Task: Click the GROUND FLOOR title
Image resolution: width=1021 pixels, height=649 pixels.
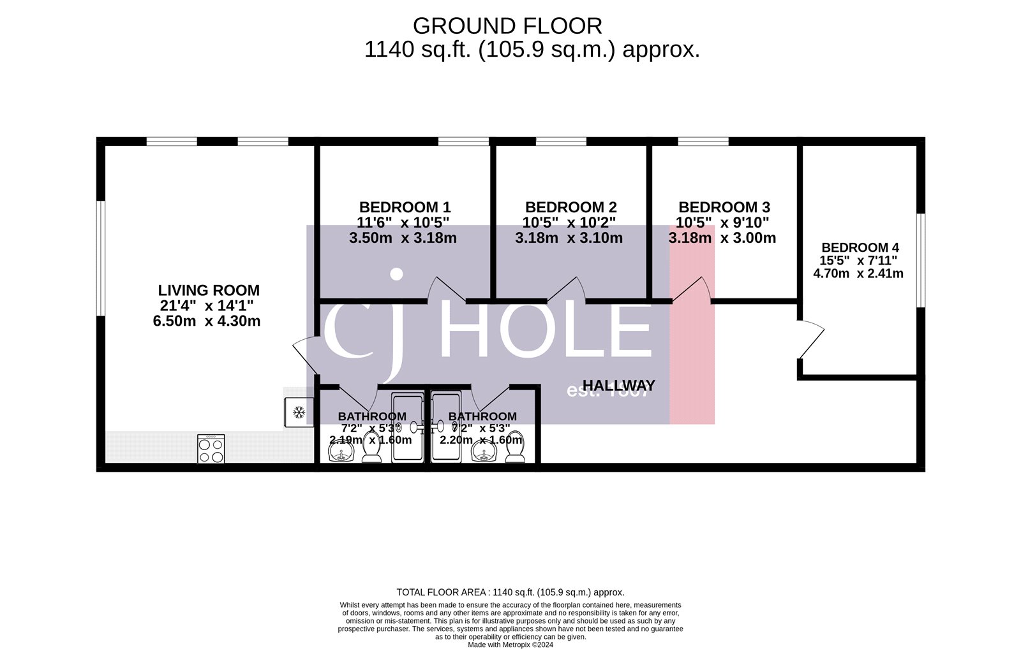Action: coord(507,26)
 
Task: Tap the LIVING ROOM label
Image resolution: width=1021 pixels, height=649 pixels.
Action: coord(209,291)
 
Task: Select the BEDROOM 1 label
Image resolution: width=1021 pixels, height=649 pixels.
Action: coord(405,207)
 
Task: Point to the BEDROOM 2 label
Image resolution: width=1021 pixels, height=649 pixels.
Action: coord(570,207)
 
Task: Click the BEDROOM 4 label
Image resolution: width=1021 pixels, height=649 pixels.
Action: coord(860,247)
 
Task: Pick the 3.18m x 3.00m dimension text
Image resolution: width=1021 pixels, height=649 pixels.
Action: coord(722,238)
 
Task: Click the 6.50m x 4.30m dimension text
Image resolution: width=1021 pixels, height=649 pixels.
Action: coord(206,321)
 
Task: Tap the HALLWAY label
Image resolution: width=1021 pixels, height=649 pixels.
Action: coord(618,386)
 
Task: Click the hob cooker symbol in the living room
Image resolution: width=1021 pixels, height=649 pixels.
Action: coord(211,449)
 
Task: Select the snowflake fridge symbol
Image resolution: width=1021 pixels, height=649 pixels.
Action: coord(298,413)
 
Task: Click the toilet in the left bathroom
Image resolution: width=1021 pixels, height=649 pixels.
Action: coord(371,449)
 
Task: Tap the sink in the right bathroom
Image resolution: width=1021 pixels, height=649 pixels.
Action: coord(484,452)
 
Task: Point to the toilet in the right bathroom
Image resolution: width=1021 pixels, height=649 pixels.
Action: coord(515,448)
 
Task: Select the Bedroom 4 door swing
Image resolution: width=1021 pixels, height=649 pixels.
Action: coord(810,341)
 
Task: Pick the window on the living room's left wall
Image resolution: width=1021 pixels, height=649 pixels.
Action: coord(101,258)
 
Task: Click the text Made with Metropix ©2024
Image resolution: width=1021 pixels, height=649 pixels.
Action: coord(510,645)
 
